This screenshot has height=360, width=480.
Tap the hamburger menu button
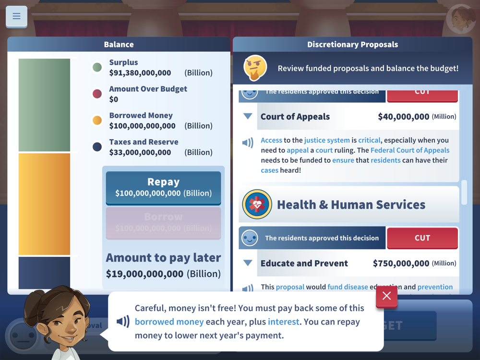16,16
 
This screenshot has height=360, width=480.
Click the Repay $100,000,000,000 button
163,187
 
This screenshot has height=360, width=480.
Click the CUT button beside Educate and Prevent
422,238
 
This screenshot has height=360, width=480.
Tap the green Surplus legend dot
97,68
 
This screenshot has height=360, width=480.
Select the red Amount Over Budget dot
97,94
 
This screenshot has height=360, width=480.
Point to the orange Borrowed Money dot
97,120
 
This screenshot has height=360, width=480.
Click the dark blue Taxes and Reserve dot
97,147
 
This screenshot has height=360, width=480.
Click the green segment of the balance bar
44,105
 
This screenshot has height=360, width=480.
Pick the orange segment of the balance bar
44,204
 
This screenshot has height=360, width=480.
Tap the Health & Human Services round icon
257,204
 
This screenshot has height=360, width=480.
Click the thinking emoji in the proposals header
255,68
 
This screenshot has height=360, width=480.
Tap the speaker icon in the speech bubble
123,321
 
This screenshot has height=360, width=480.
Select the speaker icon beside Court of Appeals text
248,143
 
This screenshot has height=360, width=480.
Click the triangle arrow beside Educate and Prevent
248,263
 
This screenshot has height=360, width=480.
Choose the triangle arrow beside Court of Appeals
248,116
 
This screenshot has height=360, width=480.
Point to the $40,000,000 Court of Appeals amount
403,117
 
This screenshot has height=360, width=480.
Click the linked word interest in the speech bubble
283,322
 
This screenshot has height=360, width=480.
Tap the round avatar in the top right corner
461,19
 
